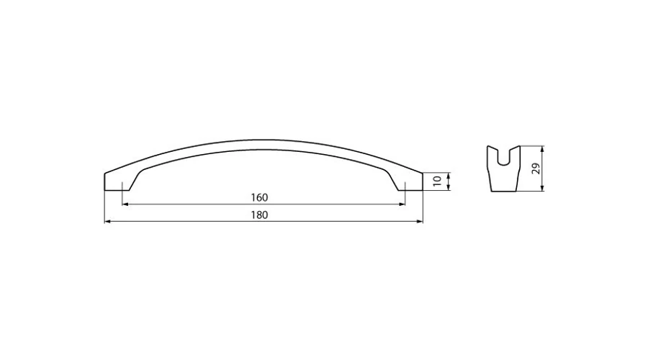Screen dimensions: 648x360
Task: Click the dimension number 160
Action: [259, 197]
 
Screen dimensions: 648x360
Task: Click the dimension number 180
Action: [259, 215]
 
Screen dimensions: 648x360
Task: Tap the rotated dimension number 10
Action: [437, 181]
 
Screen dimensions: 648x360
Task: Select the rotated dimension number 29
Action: [536, 168]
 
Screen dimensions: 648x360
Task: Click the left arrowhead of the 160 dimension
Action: [125, 204]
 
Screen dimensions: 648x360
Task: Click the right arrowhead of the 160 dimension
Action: [402, 204]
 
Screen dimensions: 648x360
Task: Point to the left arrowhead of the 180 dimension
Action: [107, 222]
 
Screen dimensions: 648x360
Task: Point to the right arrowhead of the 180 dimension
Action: [420, 222]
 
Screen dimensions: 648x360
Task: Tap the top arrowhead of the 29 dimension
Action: [542, 148]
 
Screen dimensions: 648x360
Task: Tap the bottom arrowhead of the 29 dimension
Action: [542, 189]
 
